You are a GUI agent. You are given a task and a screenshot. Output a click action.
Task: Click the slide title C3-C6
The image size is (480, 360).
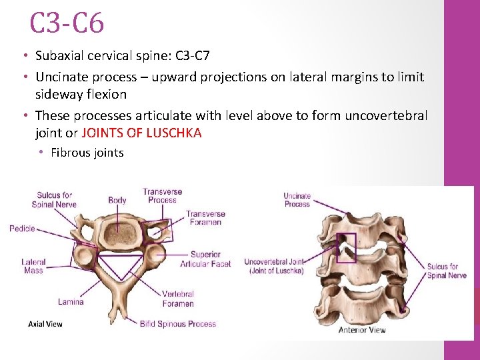(x=67, y=24)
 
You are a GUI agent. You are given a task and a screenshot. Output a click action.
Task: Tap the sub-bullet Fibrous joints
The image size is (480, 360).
(x=87, y=153)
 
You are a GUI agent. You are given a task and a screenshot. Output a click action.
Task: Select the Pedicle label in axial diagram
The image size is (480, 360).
(x=22, y=229)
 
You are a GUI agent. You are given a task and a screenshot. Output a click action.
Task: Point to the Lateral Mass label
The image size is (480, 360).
(x=33, y=266)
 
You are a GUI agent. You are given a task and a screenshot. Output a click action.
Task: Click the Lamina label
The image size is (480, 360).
(x=71, y=302)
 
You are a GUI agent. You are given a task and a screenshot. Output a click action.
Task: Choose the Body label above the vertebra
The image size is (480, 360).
(x=117, y=200)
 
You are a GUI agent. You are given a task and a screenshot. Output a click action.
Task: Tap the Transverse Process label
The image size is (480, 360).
(x=163, y=196)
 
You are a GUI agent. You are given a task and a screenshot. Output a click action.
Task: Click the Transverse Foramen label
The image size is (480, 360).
(x=205, y=218)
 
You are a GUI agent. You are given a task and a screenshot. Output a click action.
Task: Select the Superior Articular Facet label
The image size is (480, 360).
(x=205, y=259)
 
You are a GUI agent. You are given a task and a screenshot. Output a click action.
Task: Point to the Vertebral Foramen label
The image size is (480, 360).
(x=178, y=299)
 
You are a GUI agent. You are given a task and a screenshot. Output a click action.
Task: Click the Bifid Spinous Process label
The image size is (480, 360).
(x=178, y=324)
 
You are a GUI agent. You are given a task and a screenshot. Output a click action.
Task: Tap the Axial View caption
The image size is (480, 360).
(x=45, y=324)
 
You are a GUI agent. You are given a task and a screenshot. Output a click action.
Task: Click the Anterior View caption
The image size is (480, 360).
(x=362, y=330)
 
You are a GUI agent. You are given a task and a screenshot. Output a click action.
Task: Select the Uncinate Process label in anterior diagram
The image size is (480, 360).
(x=297, y=200)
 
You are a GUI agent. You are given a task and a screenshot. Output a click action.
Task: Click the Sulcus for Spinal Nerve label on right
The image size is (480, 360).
(x=447, y=271)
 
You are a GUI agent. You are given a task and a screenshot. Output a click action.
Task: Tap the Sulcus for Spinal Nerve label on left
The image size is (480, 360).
(x=57, y=200)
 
